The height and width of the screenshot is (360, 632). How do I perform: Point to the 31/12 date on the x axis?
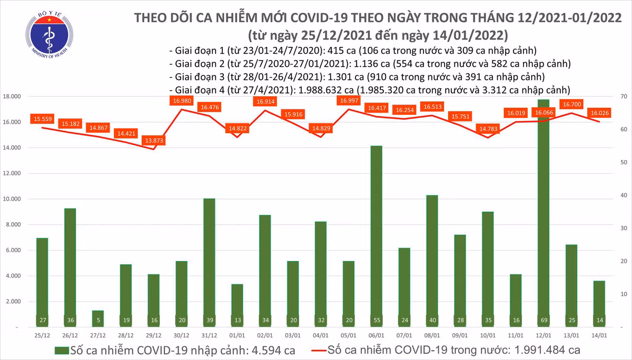point(210,335)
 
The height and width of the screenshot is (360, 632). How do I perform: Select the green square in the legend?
point(62,349)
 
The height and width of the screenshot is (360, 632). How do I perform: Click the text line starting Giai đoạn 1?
point(353,51)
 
